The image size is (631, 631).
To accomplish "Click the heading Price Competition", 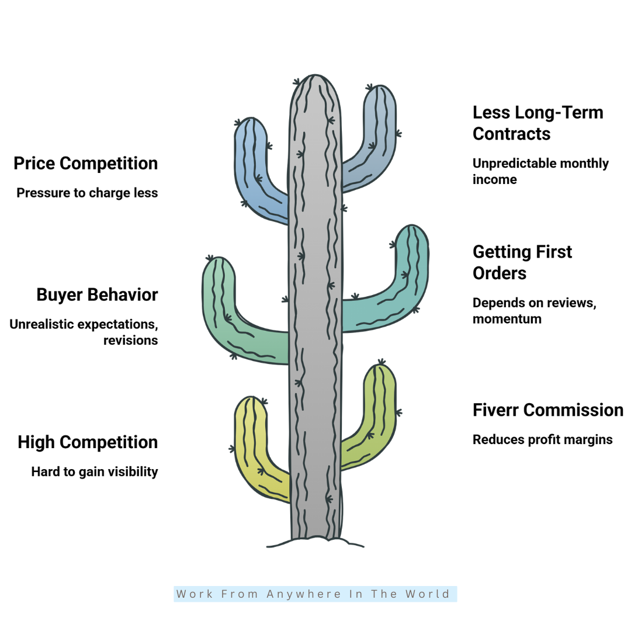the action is tap(86, 164).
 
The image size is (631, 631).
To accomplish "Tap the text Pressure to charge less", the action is tap(87, 193).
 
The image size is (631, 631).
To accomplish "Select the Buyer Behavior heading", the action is tap(98, 294).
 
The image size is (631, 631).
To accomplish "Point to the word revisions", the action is tap(131, 341).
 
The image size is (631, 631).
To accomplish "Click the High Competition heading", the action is tap(88, 442).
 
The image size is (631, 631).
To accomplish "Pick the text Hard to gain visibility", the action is tap(95, 471).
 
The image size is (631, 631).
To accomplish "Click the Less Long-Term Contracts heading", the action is tap(538, 123).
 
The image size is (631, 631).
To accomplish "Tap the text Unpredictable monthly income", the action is tap(540, 171).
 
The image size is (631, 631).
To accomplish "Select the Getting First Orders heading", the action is tap(522, 262).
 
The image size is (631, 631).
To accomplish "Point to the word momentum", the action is tap(507, 319).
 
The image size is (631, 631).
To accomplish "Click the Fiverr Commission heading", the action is tap(548, 410).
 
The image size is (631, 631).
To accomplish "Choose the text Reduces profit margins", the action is tap(542, 440).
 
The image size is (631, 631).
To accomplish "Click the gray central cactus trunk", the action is tap(315, 306).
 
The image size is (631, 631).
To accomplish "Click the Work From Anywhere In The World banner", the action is tap(315, 594).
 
